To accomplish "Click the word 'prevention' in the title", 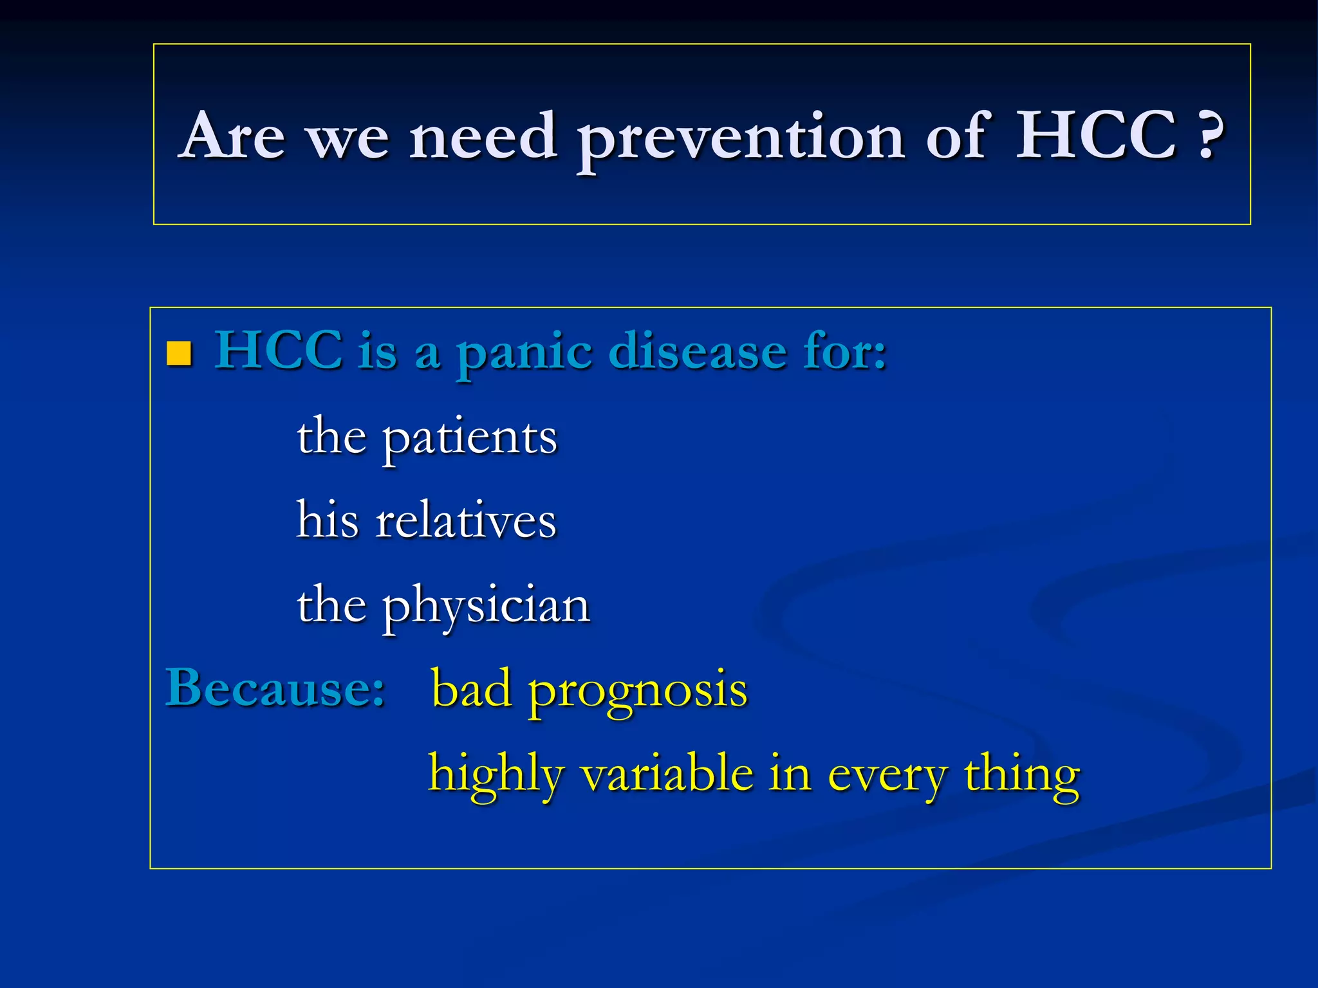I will [x=741, y=138].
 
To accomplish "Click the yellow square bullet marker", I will [x=179, y=353].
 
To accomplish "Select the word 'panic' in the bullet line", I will [x=524, y=352].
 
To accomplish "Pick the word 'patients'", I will [x=470, y=439].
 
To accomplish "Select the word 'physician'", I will [x=487, y=607].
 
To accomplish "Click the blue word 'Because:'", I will [x=275, y=688].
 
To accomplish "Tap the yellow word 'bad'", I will [x=470, y=688].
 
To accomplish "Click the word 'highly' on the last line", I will [x=496, y=774].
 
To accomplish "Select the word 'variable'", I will [x=667, y=773].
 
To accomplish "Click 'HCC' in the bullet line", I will [x=278, y=351].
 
